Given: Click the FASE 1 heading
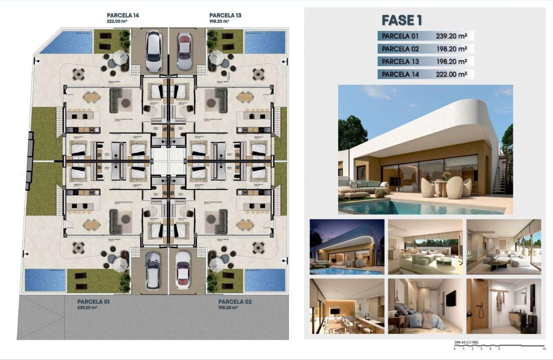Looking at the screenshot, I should [402, 20].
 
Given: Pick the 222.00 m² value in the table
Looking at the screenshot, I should [451, 74].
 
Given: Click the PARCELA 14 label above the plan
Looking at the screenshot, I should [123, 15].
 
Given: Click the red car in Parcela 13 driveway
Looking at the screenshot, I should [184, 51].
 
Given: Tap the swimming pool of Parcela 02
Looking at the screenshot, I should [264, 279].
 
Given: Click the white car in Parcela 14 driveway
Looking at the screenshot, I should [153, 51].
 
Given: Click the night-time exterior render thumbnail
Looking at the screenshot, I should [347, 246].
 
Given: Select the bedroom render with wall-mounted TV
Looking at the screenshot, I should [425, 306].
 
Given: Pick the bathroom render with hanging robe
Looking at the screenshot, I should [503, 306].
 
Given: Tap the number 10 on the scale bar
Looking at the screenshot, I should [544, 348].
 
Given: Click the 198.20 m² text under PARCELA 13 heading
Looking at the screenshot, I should [219, 21].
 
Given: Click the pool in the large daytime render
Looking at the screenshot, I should [412, 207].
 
